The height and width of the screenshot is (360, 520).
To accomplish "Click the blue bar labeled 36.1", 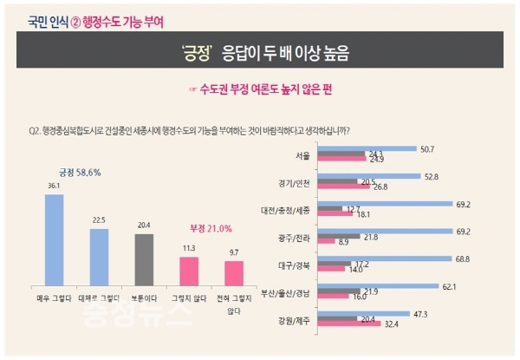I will click(x=54, y=237).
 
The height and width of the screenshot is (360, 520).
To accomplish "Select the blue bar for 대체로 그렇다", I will click(x=98, y=253).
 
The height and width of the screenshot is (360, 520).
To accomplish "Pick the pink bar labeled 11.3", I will click(x=187, y=268).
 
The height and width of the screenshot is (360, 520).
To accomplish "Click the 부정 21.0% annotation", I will click(x=210, y=229).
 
